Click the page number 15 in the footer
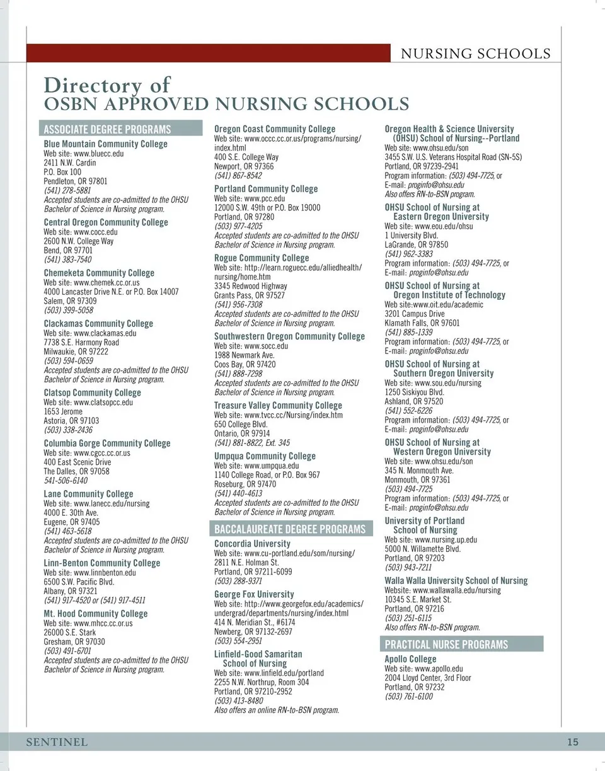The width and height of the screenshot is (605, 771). click(572, 742)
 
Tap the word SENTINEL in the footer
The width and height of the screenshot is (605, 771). click(57, 742)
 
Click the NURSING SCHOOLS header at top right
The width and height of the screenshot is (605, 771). click(476, 54)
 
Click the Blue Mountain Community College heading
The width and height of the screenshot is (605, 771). click(105, 144)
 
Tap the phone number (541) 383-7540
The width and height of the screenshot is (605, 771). click(67, 260)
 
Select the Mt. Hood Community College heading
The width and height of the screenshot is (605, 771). click(95, 614)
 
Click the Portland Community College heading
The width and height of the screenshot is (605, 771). click(266, 189)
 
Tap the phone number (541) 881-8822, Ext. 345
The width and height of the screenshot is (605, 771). click(252, 443)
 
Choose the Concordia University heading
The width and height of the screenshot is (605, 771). click(252, 544)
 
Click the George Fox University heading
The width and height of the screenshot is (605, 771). click(254, 594)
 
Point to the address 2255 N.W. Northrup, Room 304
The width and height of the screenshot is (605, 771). click(262, 682)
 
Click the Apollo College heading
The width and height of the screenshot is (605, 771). click(410, 659)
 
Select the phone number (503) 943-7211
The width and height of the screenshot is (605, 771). click(408, 568)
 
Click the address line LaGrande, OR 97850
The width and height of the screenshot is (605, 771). click(416, 244)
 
